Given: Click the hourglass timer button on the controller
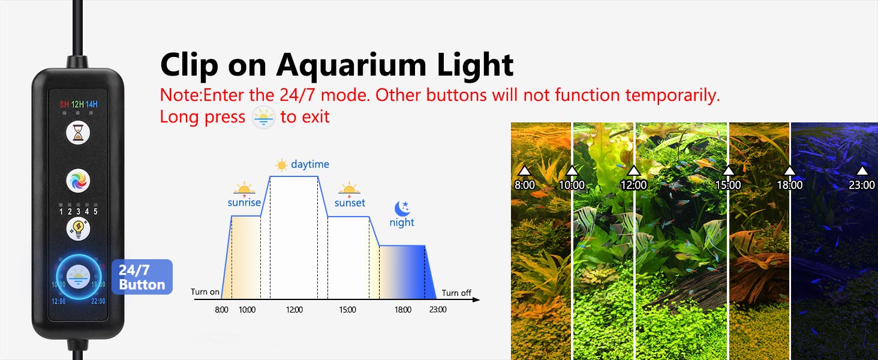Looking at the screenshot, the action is pyautogui.click(x=78, y=133).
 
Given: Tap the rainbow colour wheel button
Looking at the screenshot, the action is pyautogui.click(x=78, y=181).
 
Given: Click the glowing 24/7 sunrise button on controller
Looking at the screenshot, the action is pyautogui.click(x=79, y=277).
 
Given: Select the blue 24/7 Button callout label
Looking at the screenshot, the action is pyautogui.click(x=142, y=277).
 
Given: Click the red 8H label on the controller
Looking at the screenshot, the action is pyautogui.click(x=64, y=104).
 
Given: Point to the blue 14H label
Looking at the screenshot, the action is pyautogui.click(x=92, y=104).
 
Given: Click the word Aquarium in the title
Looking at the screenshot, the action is pyautogui.click(x=351, y=65).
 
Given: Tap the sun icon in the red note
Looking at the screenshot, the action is pyautogui.click(x=263, y=117).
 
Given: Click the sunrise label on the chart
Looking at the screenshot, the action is pyautogui.click(x=244, y=202).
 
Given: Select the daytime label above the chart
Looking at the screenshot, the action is pyautogui.click(x=310, y=164).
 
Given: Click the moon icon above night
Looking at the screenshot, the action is pyautogui.click(x=402, y=208).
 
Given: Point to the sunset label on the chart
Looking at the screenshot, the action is pyautogui.click(x=350, y=203).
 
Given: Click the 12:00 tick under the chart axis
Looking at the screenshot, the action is pyautogui.click(x=294, y=310).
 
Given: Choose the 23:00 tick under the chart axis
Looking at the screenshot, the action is pyautogui.click(x=438, y=310).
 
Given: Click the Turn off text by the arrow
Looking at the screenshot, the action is pyautogui.click(x=456, y=293).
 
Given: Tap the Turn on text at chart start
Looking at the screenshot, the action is pyautogui.click(x=205, y=292).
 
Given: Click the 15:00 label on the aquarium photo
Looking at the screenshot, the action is pyautogui.click(x=728, y=185).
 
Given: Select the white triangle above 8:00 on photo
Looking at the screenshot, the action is pyautogui.click(x=524, y=170).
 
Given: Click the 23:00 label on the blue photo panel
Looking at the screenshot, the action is pyautogui.click(x=862, y=185).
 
